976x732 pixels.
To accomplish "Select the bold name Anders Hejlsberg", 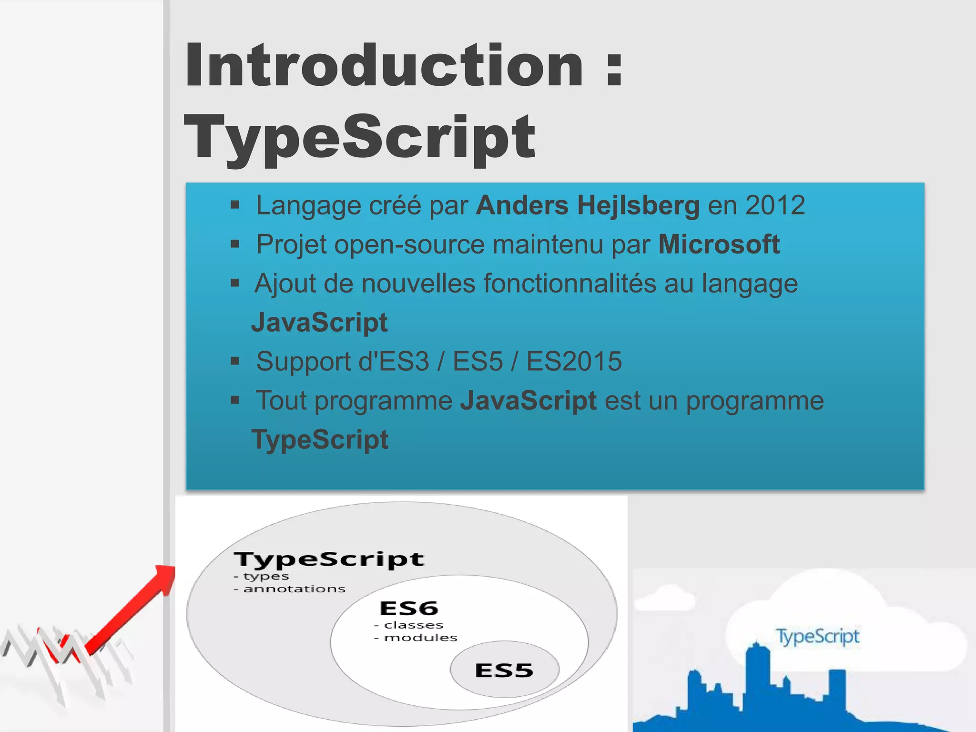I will coord(588,205).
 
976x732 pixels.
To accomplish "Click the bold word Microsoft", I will coord(719,244).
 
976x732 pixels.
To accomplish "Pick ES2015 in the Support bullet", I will coord(574,361).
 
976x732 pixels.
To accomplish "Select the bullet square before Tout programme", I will coord(234,400).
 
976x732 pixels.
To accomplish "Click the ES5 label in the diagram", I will coord(504,671).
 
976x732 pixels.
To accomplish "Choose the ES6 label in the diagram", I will coord(409,609).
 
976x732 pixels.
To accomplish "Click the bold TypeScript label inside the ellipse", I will coord(329,559).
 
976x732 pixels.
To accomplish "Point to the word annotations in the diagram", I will coord(294,590).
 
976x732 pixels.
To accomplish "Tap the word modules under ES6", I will coord(420,638).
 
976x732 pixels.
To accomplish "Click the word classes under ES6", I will coord(413,625).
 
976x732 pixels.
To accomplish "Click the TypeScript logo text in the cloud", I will coord(818,636).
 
